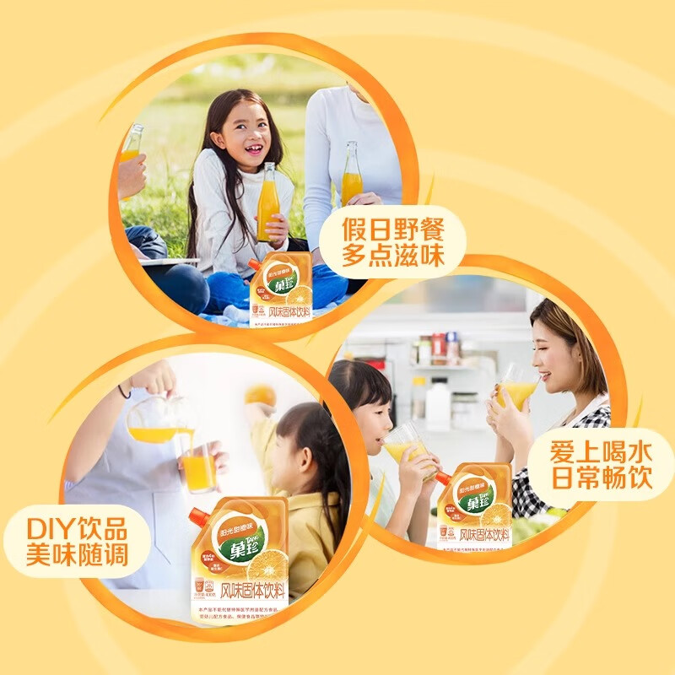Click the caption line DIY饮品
pyautogui.click(x=77, y=531)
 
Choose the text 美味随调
pyautogui.click(x=77, y=559)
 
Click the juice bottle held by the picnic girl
pyautogui.click(x=267, y=202)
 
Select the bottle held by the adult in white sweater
pyautogui.click(x=351, y=174)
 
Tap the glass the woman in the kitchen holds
pyautogui.click(x=516, y=390)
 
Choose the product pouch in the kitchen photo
pyautogui.click(x=474, y=505)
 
